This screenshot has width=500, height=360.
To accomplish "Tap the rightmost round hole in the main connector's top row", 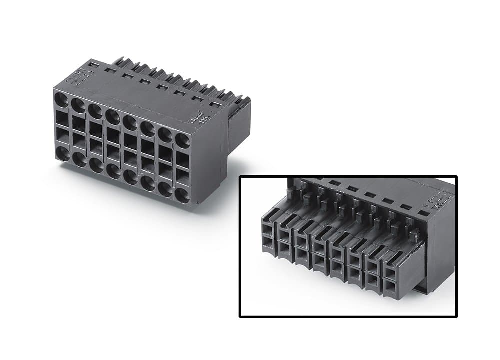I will (183, 140).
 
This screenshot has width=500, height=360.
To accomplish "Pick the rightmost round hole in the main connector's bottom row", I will (182, 195).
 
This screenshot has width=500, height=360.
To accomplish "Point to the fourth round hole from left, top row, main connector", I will (113, 116).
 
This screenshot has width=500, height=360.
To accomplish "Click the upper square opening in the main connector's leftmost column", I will (62, 118).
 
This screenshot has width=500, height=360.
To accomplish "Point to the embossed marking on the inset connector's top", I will (431, 201).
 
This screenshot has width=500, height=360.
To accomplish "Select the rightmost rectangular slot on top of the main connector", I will (214, 104).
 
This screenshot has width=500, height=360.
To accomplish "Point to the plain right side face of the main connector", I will (210, 160).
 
